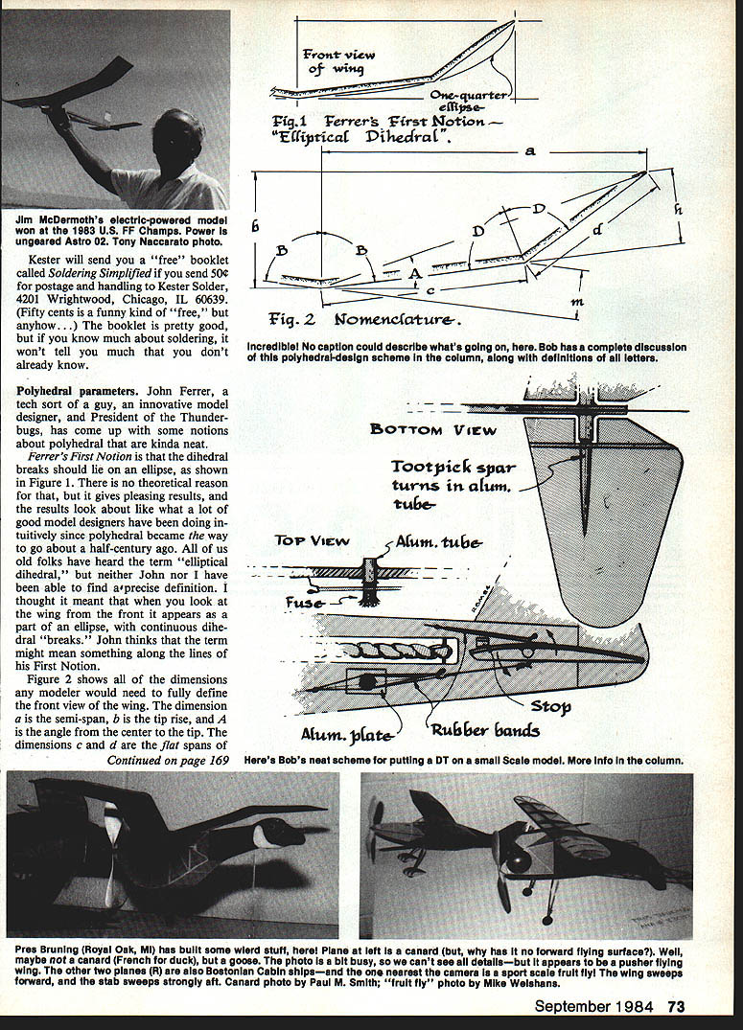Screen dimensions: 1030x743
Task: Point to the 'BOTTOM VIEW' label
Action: pyautogui.click(x=433, y=429)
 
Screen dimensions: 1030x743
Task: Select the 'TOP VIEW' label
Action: pyautogui.click(x=304, y=541)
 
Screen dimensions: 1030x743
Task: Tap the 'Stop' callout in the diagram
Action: pyautogui.click(x=550, y=707)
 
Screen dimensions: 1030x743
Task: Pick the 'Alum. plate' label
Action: pyautogui.click(x=360, y=736)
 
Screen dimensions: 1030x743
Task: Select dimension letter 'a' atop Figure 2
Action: pyautogui.click(x=530, y=151)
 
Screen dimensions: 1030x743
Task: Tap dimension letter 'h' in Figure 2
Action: pyautogui.click(x=677, y=207)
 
